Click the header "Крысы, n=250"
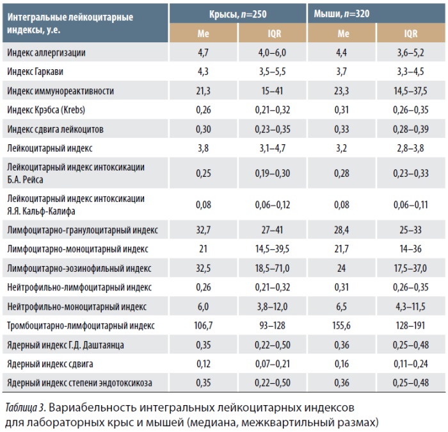237,14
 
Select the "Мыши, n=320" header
342,13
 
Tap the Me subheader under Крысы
203,33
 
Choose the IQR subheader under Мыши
411,33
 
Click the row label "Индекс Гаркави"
35,72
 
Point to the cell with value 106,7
203,326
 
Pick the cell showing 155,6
341,326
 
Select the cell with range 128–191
411,326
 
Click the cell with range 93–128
272,326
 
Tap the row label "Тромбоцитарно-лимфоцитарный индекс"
81,326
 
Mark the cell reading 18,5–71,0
272,269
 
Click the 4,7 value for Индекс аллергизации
203,53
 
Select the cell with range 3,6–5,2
411,53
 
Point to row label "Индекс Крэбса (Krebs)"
46,110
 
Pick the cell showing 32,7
203,230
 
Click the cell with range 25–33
411,230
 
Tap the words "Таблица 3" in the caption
25,408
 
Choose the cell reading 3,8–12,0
272,306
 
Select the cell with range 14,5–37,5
411,91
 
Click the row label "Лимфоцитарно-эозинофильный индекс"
79,269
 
